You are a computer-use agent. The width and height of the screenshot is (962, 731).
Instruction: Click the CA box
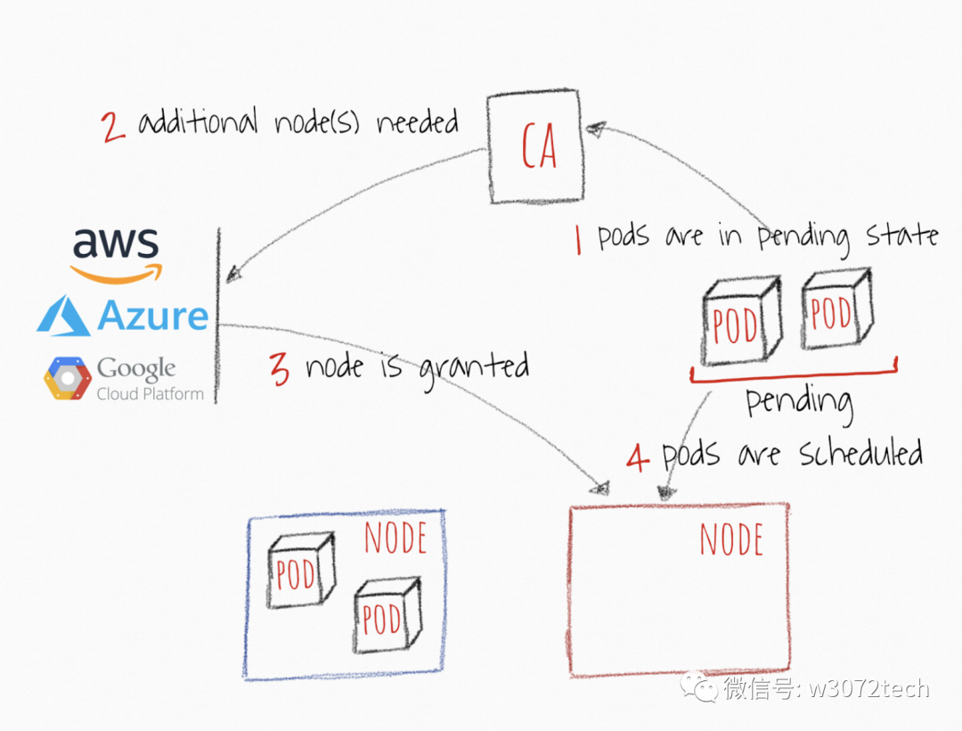pyautogui.click(x=537, y=148)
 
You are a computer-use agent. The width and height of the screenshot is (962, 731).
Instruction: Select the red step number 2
pyautogui.click(x=113, y=126)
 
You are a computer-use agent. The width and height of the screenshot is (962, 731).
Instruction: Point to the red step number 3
pyautogui.click(x=280, y=369)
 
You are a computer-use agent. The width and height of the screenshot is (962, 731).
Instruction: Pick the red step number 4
pyautogui.click(x=638, y=457)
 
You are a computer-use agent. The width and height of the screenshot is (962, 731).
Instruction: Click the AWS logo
pyautogui.click(x=116, y=252)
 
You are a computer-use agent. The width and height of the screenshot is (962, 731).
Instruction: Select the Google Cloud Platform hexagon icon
pyautogui.click(x=68, y=378)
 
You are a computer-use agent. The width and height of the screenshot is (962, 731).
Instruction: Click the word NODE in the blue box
pyautogui.click(x=395, y=538)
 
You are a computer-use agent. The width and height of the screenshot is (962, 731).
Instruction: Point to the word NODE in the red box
pyautogui.click(x=730, y=539)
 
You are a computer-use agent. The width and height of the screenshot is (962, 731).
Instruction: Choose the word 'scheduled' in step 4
pyautogui.click(x=860, y=455)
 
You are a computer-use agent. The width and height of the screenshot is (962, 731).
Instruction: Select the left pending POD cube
pyautogui.click(x=739, y=321)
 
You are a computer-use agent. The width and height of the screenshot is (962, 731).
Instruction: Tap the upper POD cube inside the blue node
pyautogui.click(x=300, y=571)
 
